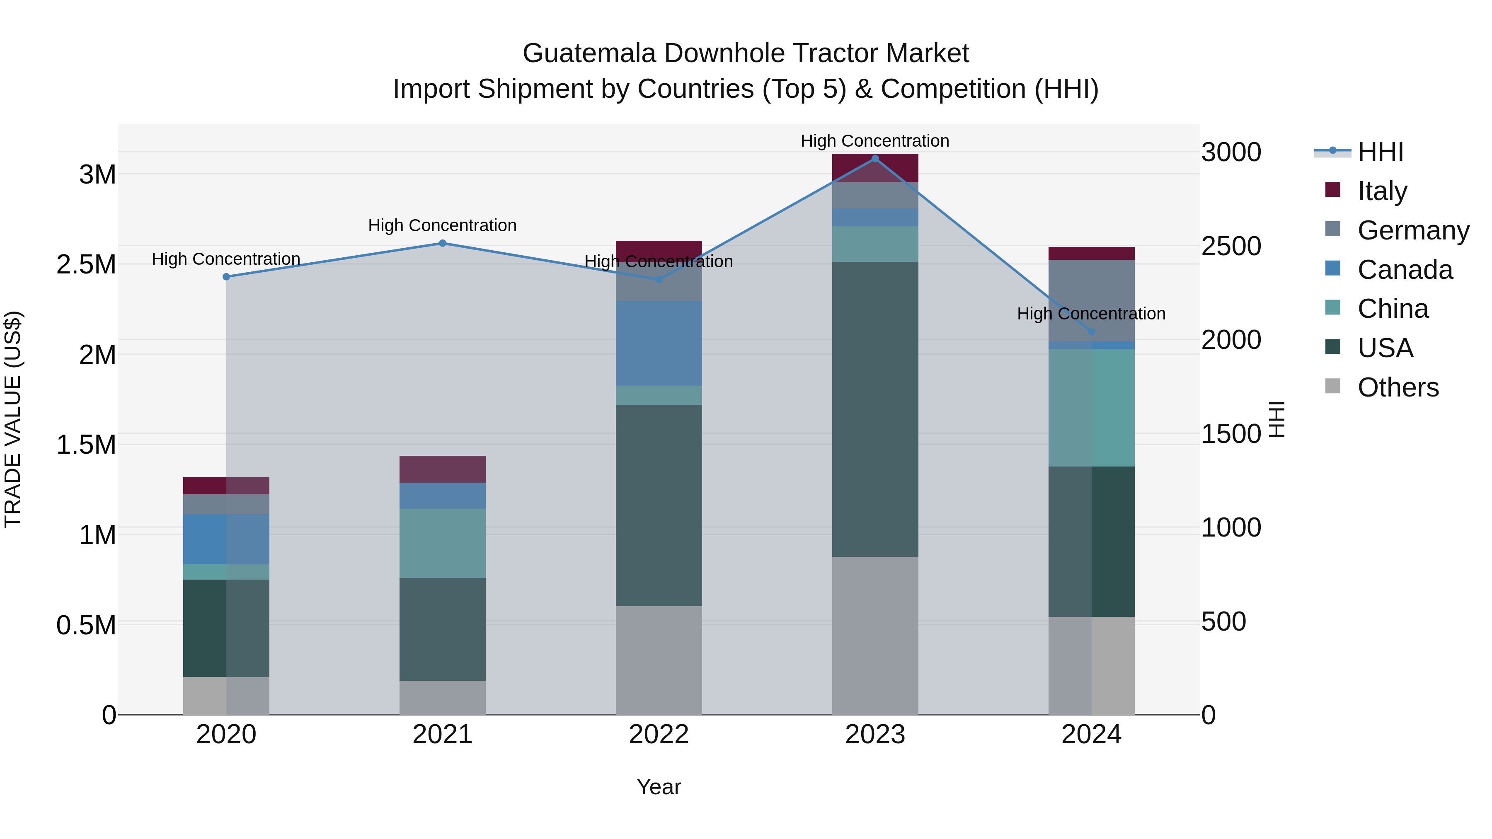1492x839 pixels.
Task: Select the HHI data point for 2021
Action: click(x=443, y=243)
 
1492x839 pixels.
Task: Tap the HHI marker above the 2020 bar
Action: click(x=226, y=277)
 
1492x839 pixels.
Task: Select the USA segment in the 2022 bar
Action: click(x=659, y=505)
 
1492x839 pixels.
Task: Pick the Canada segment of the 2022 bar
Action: click(x=659, y=343)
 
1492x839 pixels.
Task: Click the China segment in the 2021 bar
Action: click(x=443, y=543)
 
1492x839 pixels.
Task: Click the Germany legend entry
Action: click(x=1413, y=230)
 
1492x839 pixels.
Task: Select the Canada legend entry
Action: click(x=1405, y=270)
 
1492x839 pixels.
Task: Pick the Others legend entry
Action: click(x=1398, y=387)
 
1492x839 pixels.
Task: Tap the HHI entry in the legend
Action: click(x=1380, y=152)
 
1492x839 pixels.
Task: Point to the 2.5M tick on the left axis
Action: click(x=86, y=265)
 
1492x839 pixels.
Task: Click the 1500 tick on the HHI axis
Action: click(x=1231, y=434)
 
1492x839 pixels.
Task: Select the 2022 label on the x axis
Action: click(x=659, y=735)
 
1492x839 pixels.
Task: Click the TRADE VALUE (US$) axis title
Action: click(x=13, y=419)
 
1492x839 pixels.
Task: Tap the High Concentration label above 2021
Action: click(x=443, y=225)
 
